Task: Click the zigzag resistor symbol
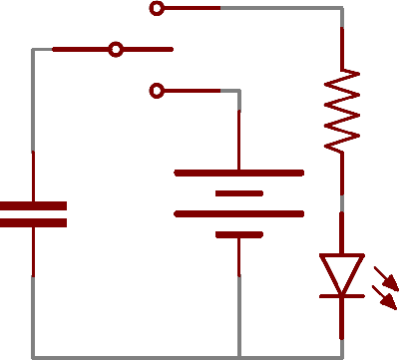tap(342, 110)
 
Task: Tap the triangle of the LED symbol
tap(342, 272)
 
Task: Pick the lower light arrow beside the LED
tap(385, 297)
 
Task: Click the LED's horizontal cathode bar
tap(342, 295)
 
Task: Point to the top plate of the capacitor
tap(33, 206)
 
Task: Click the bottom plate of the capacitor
tap(33, 222)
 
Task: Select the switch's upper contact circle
tap(157, 9)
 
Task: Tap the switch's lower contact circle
tap(157, 91)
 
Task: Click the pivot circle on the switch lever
tap(116, 48)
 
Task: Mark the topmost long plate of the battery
tap(239, 173)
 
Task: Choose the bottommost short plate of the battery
tap(239, 235)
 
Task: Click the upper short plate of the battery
tap(239, 193)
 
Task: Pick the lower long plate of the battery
tap(239, 213)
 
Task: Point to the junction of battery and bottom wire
tap(239, 357)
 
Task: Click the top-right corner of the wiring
tap(342, 9)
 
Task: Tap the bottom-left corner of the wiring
tap(33, 357)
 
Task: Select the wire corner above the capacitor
tap(33, 49)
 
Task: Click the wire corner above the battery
tap(239, 91)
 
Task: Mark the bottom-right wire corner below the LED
tap(342, 357)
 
